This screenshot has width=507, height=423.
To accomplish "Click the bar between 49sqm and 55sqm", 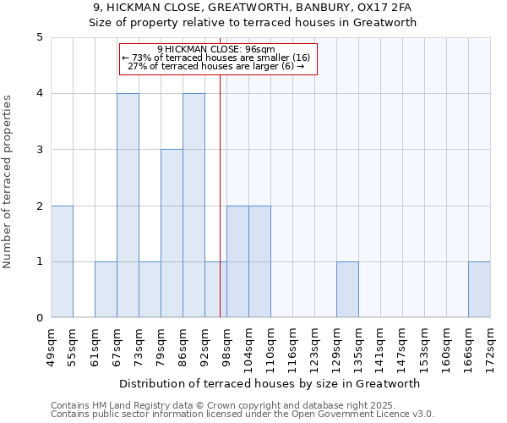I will click(x=62, y=261).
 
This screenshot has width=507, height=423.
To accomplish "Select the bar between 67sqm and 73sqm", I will click(x=128, y=206).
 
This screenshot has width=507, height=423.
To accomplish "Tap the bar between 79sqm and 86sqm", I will click(x=172, y=233).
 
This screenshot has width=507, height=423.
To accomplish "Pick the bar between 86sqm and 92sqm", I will click(x=194, y=206).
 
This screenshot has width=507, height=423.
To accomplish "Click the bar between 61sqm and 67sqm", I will click(x=106, y=289).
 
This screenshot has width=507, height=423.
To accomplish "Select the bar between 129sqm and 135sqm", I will click(x=347, y=289).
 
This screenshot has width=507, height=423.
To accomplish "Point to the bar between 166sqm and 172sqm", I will click(x=479, y=289).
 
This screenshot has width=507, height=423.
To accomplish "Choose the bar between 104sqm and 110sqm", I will click(x=259, y=261).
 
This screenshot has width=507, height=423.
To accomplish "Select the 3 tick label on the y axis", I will click(x=40, y=150).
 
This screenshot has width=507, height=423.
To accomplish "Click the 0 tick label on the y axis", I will click(x=40, y=318).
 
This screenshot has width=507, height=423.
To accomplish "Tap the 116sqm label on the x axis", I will click(x=292, y=346).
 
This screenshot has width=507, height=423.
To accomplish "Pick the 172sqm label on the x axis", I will click(x=490, y=346).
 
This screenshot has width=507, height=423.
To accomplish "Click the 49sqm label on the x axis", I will click(x=51, y=346).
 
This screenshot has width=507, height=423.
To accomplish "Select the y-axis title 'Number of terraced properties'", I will click(x=8, y=182).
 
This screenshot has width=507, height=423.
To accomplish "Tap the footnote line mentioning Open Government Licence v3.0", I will click(x=243, y=415).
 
